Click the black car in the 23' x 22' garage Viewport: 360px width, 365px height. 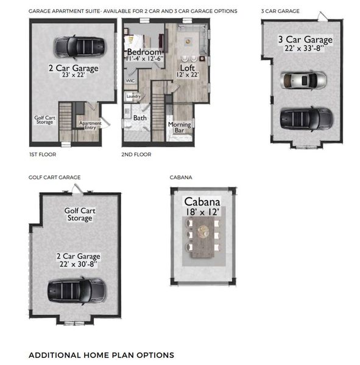pos(78,46)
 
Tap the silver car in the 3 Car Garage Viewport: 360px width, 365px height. pos(302,80)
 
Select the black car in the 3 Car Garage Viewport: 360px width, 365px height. pos(307,119)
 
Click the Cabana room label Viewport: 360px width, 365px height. pos(202,202)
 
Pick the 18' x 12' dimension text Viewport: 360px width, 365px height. pos(202,213)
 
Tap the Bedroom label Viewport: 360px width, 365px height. pos(144,52)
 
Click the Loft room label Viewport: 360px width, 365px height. pos(188,68)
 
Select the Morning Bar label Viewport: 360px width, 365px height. pos(179,128)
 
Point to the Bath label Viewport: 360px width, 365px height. pos(140,118)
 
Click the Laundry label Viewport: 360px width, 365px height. pos(133,96)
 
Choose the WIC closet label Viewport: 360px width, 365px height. pos(130,80)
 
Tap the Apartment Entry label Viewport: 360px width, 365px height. pos(90,126)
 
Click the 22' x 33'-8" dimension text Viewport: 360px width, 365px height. pos(305,50)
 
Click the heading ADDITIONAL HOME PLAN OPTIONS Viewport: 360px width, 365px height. pos(101,355)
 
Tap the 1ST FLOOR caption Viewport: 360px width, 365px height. pos(42,155)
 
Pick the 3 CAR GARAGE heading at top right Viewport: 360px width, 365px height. pos(280,11)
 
